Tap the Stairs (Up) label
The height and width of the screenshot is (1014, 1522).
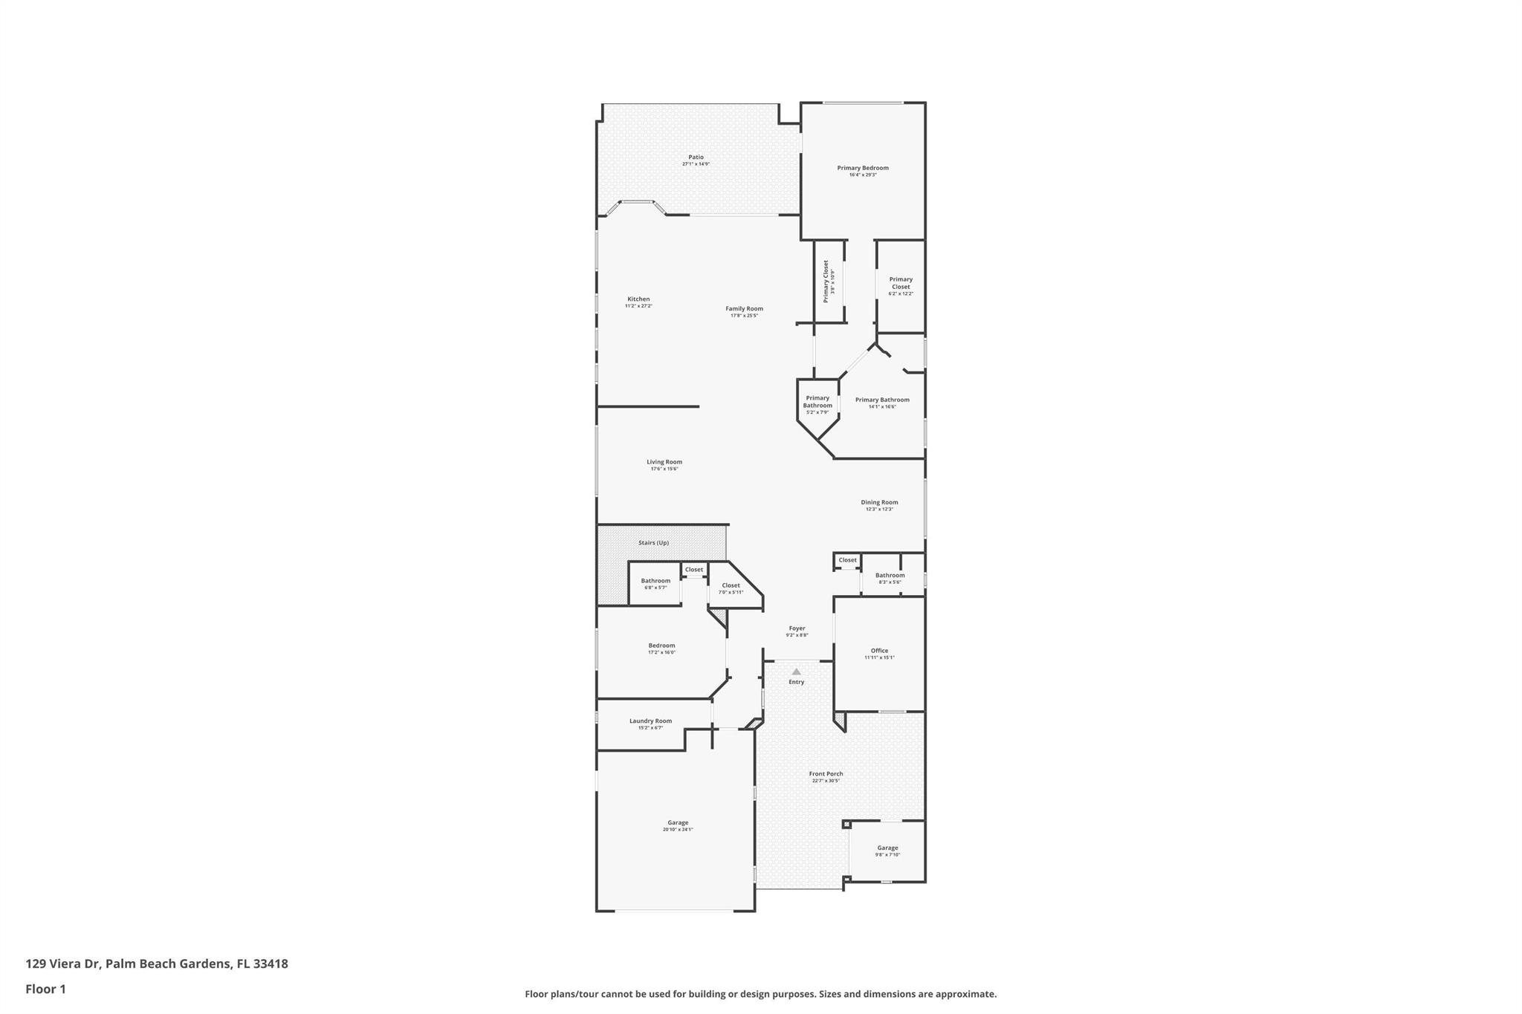[653, 543]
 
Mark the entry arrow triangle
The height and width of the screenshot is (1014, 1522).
[796, 672]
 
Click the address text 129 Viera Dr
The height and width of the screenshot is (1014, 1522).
[157, 964]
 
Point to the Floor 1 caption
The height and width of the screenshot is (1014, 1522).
[45, 989]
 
